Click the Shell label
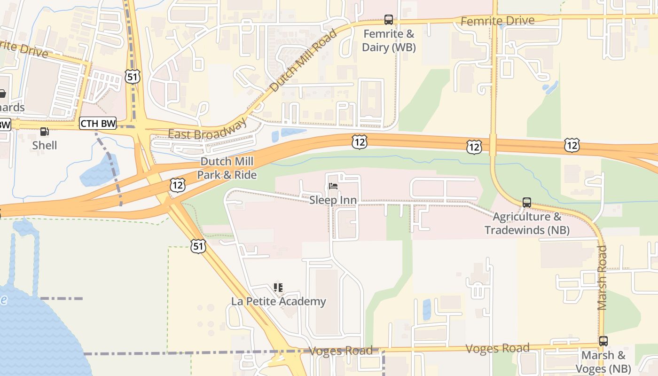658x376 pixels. tap(45, 145)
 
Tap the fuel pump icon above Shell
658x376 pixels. tap(45, 132)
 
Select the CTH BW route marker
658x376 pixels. tap(98, 124)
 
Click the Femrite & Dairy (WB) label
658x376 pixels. tap(389, 40)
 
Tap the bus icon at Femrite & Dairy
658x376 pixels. tap(389, 20)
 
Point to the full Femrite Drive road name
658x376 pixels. tap(497, 21)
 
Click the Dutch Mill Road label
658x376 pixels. tap(304, 60)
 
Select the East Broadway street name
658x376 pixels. tap(207, 130)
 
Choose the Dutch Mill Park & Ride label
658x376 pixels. tap(227, 168)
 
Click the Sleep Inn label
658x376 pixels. tap(333, 200)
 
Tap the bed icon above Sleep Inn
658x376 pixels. tap(333, 187)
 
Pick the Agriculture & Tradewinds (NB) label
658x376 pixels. tap(527, 223)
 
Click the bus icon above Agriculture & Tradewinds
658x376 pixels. tap(527, 203)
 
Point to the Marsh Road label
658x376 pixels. tap(603, 277)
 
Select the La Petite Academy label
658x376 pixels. tap(278, 301)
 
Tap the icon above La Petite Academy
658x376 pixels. tap(278, 287)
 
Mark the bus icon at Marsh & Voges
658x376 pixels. tap(603, 341)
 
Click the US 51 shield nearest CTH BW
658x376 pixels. tap(133, 77)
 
